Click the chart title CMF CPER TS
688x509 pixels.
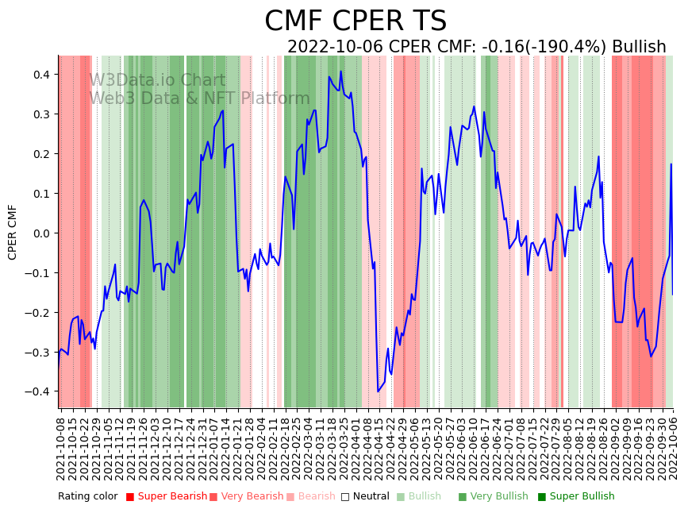coord(356,21)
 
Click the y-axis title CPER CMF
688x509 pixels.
coord(13,232)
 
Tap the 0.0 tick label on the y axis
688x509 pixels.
coord(40,233)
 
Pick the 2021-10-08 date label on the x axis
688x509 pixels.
coord(61,445)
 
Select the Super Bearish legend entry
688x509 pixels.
coord(161,496)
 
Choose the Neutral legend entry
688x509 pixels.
coord(366,496)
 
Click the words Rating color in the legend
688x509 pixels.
coord(87,496)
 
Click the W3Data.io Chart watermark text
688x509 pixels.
coord(157,80)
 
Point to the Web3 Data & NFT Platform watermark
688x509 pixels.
coord(199,98)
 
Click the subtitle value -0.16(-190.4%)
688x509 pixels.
coord(544,48)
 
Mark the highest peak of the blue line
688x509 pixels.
coord(341,71)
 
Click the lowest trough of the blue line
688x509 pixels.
coord(378,391)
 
